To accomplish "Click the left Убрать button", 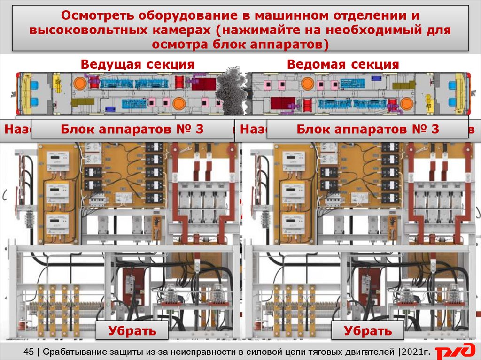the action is coord(132,330).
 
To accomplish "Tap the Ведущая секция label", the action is coord(137,64).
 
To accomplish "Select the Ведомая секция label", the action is coord(343,64).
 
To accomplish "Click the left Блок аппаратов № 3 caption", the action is coord(132,130).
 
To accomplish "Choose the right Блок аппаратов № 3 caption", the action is coord(368,130).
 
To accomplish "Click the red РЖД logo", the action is coord(454,352).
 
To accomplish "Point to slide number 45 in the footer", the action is coord(28,351).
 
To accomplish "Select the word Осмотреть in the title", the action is coord(97,15).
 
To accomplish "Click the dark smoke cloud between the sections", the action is coord(233,92).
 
